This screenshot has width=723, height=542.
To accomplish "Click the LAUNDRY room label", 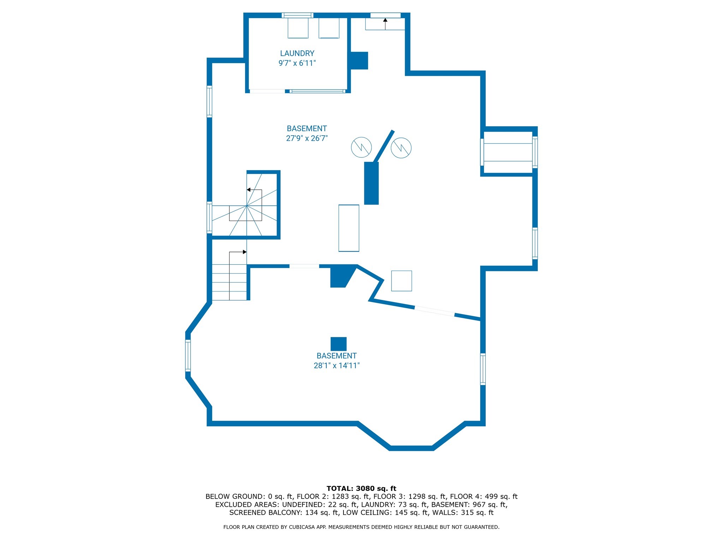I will [297, 53].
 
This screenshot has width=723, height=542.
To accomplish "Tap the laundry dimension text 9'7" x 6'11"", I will [297, 63].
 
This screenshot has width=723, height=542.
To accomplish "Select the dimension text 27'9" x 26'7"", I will [306, 138].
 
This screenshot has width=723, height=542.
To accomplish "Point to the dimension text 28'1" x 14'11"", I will [336, 366].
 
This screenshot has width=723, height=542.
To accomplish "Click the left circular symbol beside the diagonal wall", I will [361, 147].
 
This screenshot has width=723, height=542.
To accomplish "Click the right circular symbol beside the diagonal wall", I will [401, 147].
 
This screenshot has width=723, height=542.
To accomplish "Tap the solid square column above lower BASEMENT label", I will [338, 344].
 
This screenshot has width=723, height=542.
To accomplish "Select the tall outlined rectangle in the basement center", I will [349, 228].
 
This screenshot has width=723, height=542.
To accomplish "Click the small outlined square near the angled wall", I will [401, 281].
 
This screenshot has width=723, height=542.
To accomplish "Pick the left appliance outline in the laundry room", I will [298, 28].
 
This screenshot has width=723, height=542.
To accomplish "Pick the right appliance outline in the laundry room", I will [329, 28].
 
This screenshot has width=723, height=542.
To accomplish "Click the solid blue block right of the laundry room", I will [359, 61].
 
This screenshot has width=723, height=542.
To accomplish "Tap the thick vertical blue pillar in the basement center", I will [371, 183].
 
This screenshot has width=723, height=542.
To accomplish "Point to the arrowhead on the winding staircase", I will [249, 190].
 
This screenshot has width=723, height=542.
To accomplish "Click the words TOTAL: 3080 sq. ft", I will [361, 488].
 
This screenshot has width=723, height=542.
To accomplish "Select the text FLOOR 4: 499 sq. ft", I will [483, 496].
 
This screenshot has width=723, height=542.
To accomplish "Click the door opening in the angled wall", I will [434, 311].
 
